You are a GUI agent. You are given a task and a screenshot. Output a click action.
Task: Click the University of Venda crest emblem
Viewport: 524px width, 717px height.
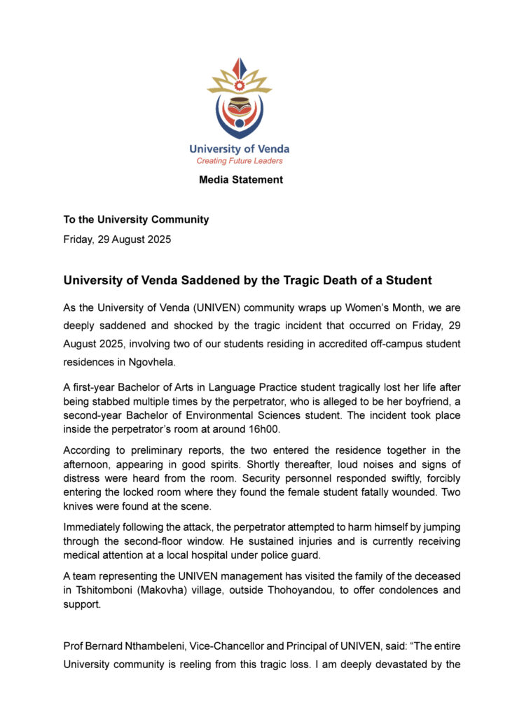(x=240, y=98)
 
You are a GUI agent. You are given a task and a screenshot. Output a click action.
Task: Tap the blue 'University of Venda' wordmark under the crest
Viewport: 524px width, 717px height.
(x=240, y=149)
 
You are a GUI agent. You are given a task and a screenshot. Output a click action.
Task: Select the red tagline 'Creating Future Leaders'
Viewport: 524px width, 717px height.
(x=240, y=161)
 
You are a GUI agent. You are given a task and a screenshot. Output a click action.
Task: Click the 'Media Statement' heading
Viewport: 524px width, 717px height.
(x=241, y=180)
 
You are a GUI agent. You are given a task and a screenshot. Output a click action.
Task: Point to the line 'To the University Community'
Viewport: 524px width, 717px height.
(x=136, y=219)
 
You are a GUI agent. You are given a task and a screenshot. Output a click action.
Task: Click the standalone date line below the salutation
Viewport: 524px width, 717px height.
(x=117, y=239)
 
